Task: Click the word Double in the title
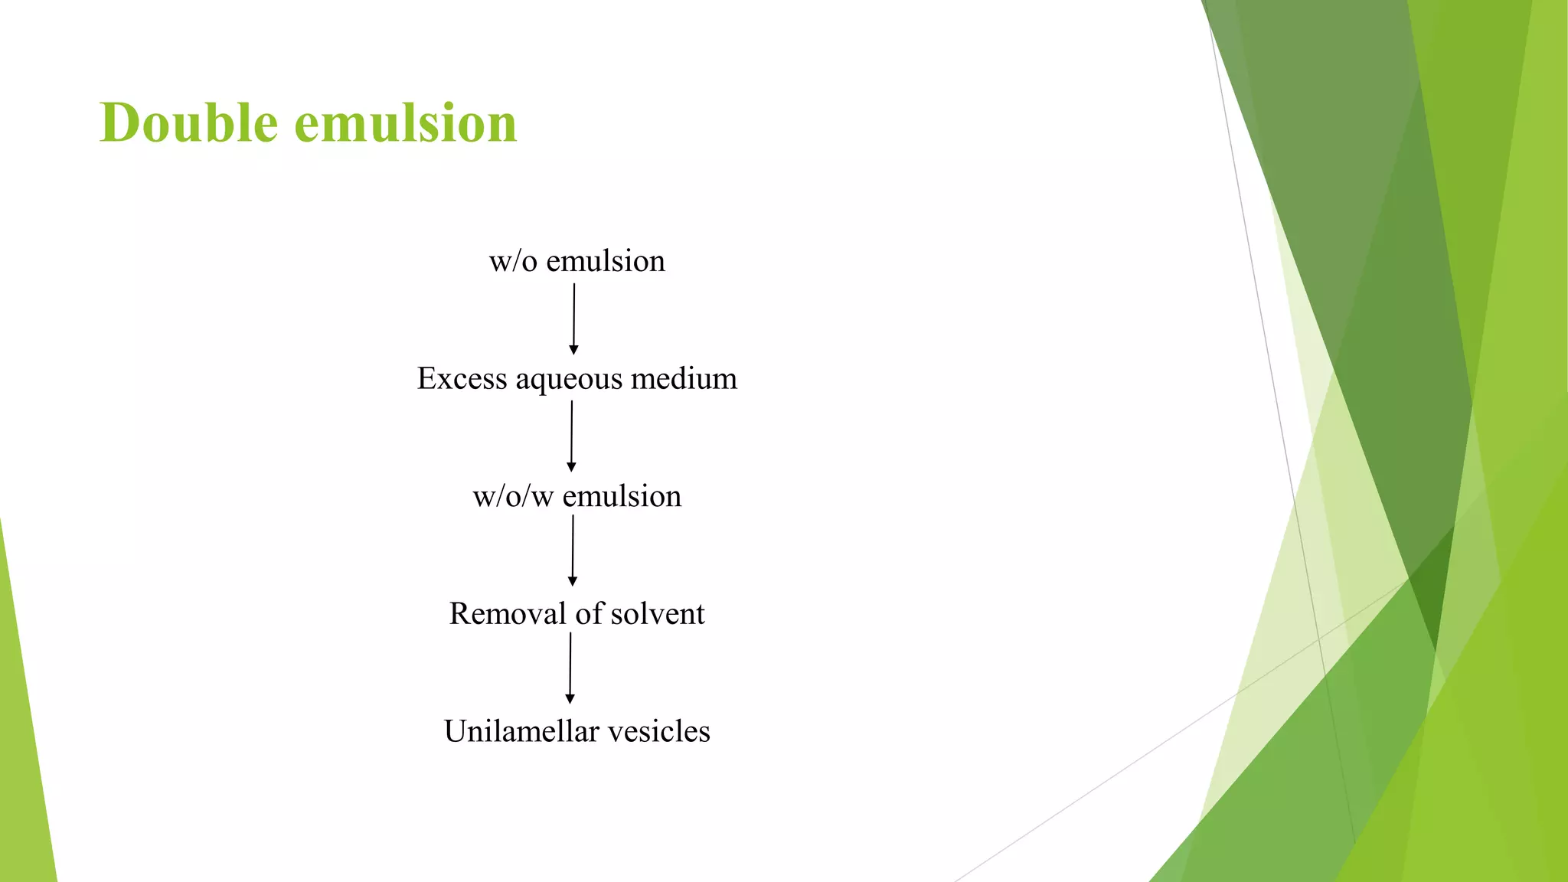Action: (188, 122)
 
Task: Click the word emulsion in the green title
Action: (406, 122)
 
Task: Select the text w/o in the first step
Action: (512, 262)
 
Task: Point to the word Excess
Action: (462, 379)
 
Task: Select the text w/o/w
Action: (512, 497)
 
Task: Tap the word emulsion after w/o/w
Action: (622, 497)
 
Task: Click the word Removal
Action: (507, 614)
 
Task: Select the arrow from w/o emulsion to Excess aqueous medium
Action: (573, 318)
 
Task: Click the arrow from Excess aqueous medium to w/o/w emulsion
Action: (571, 435)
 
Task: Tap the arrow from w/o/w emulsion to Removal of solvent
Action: (573, 550)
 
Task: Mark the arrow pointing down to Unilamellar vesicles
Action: (570, 667)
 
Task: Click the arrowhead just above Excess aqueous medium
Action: (573, 350)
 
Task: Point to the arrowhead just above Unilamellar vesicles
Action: (570, 698)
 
